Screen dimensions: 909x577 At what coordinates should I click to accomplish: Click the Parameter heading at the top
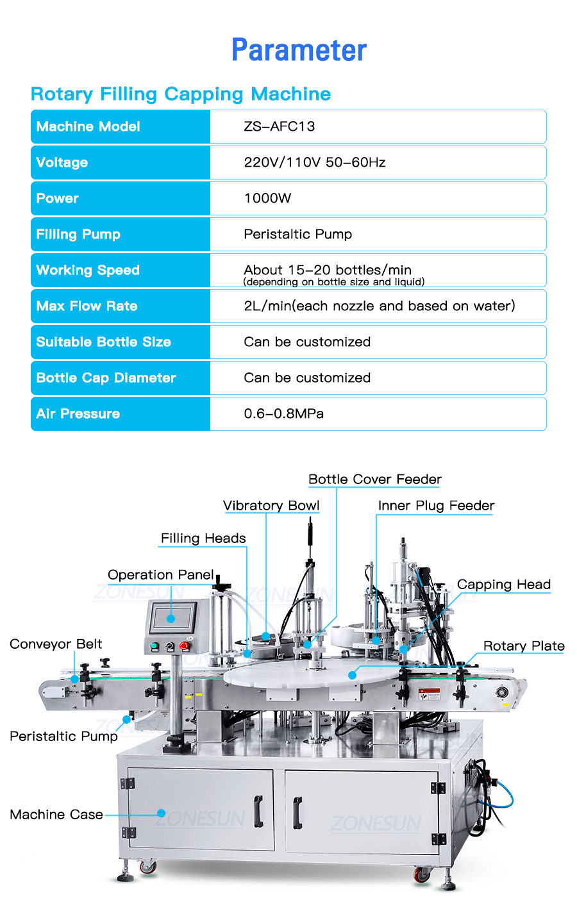tap(299, 50)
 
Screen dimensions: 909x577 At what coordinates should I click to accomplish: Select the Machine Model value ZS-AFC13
tap(279, 126)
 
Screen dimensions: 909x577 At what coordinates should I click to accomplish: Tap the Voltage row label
tap(62, 162)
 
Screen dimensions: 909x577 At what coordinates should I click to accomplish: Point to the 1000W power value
tap(267, 198)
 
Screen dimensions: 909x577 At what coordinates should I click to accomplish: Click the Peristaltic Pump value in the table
tap(297, 234)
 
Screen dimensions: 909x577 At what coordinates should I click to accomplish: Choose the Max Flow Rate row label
tap(87, 306)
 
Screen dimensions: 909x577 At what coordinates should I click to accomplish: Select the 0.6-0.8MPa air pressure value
tap(283, 413)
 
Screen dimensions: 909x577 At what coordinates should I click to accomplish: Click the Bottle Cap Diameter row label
tap(106, 378)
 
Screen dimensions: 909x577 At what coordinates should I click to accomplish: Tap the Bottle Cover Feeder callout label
tap(375, 480)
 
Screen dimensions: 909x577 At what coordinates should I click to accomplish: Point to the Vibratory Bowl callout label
tap(271, 506)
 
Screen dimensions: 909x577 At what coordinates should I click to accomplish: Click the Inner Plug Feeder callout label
tap(436, 506)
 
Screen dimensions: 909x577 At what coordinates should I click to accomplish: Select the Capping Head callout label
tap(504, 585)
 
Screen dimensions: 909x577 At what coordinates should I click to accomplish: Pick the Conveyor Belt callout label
tap(56, 644)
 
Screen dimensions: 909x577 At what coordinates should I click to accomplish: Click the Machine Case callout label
tap(56, 815)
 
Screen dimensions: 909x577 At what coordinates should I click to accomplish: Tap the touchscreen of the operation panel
tap(171, 618)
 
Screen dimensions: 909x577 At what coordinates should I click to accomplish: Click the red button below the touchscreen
tap(185, 646)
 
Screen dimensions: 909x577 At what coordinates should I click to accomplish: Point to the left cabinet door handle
tap(258, 811)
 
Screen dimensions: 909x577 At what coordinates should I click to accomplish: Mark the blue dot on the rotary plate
tap(352, 675)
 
